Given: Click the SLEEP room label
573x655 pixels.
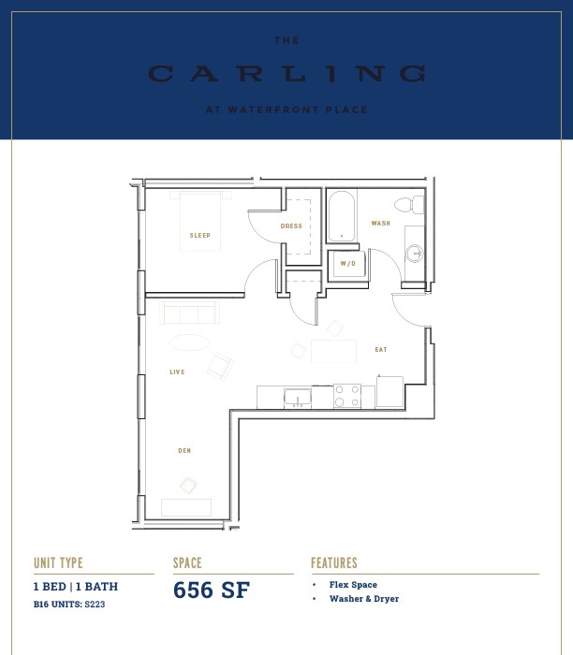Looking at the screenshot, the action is coord(199,236).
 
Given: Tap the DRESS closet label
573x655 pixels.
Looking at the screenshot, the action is coord(291,226).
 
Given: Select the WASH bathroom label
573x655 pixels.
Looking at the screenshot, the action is coord(381,224).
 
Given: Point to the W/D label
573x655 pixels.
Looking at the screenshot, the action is coord(347,264).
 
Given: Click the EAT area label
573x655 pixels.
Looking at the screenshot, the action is coord(381,350).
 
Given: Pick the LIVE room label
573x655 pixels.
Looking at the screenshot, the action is coord(177,371).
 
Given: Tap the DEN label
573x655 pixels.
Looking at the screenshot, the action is coord(184,450).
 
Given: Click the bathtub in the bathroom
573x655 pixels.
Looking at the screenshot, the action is coord(342,216).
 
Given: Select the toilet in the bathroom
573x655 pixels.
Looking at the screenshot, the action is coord(409,206).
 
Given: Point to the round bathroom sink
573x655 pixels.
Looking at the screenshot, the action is coord(414,254).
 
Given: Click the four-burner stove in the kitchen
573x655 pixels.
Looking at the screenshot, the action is coord(347,396).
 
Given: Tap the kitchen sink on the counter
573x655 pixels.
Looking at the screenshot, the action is coord(298,398).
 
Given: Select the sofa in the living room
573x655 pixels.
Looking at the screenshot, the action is coord(189,313).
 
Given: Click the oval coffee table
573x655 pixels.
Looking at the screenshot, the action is coord(189,342).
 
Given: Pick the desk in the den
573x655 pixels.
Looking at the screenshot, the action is coord(186,507).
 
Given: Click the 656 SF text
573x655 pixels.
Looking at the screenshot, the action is coord(212,589).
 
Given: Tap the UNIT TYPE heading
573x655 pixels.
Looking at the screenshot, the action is coord(58,562).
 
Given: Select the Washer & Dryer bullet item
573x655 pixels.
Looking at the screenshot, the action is coord(364,599).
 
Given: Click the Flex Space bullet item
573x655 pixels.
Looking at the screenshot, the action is coord(353,585).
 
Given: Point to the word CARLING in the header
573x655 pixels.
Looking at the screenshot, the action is coord(286,74).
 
